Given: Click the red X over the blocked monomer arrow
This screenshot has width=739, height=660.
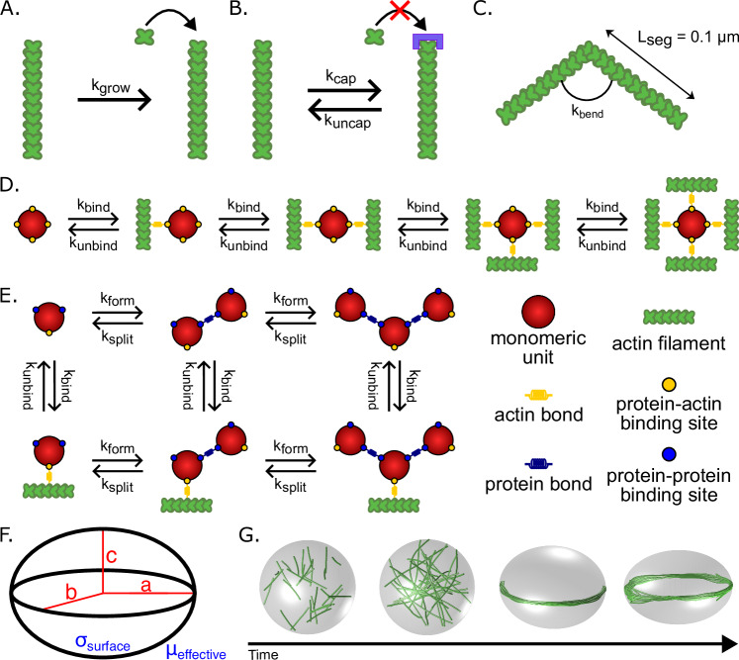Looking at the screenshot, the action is point(400,10).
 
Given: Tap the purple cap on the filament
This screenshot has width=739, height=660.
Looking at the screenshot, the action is point(428,42).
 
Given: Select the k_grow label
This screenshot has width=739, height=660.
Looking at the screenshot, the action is point(111,86).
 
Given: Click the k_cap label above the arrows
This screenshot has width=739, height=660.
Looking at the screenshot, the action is point(340,77).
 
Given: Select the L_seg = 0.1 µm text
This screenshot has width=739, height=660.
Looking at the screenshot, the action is point(688,38).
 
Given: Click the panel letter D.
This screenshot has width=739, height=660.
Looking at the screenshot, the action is point(10,185).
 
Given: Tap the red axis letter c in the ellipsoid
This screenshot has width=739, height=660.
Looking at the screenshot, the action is point(111,556).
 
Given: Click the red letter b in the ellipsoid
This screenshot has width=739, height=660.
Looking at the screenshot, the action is point(71,590).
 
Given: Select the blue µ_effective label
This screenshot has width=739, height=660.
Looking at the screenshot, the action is point(196,651).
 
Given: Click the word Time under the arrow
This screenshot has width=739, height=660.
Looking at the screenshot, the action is point(263,654).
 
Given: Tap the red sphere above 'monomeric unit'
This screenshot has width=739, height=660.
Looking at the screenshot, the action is point(538,312).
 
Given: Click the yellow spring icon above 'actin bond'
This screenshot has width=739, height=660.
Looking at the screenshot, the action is point(538,395).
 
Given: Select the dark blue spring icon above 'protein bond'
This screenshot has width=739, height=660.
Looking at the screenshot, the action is point(538,464).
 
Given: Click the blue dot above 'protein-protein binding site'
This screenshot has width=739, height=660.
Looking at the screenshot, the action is point(669,454).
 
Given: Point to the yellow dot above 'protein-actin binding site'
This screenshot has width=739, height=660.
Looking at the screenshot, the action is point(669,384).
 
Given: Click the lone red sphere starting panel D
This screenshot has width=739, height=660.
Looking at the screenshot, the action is point(33,225).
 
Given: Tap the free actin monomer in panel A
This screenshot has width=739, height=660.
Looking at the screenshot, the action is point(144,37).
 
